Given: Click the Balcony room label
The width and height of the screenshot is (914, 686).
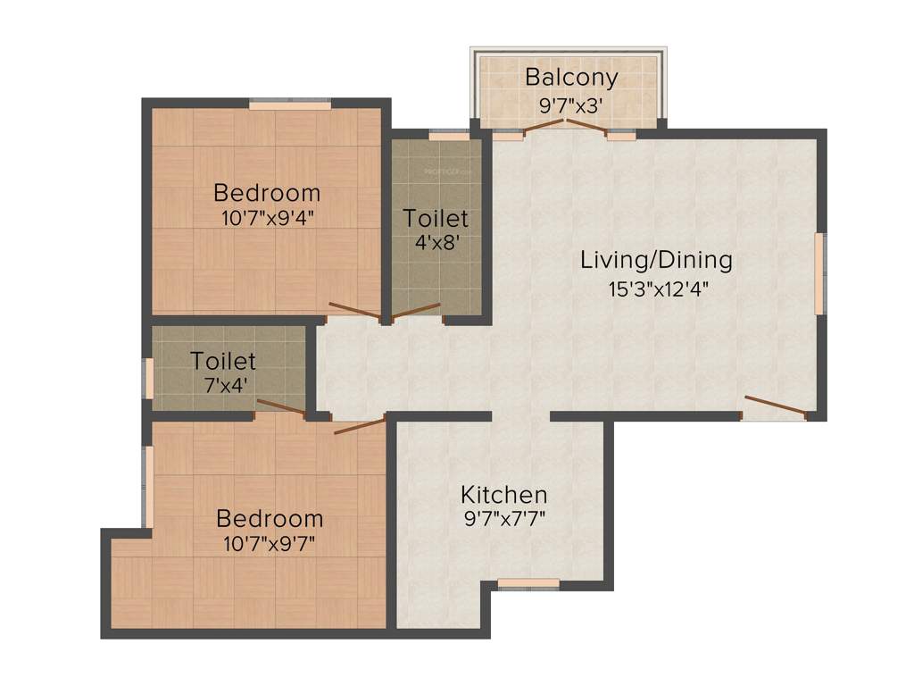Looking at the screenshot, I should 570,77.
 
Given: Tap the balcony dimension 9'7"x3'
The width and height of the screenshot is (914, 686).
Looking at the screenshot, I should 570,105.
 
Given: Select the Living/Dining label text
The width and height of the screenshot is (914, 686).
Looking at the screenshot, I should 656,260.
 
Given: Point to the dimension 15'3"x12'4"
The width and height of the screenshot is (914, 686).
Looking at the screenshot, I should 656,289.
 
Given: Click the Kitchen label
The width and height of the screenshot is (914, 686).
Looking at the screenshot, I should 503,494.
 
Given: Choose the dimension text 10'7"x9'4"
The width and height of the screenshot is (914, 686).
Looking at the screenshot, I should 267,216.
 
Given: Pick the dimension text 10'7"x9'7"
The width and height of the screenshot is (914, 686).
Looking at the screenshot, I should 270,542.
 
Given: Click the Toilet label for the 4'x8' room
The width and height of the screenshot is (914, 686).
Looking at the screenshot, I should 435,218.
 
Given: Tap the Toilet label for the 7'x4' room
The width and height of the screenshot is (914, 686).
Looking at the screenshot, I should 222,361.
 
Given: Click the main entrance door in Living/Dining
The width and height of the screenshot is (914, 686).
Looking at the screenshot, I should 775,406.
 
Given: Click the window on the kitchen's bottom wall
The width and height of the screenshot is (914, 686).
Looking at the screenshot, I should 528,584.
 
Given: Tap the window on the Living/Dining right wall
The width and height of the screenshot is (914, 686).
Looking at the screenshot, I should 819,272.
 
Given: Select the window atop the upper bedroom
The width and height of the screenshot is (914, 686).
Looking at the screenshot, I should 289,105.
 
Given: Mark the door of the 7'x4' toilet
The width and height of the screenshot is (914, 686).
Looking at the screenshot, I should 281,408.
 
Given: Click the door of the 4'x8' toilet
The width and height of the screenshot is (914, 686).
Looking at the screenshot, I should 416,311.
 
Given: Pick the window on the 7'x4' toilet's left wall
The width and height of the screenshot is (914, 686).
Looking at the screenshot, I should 149,378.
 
